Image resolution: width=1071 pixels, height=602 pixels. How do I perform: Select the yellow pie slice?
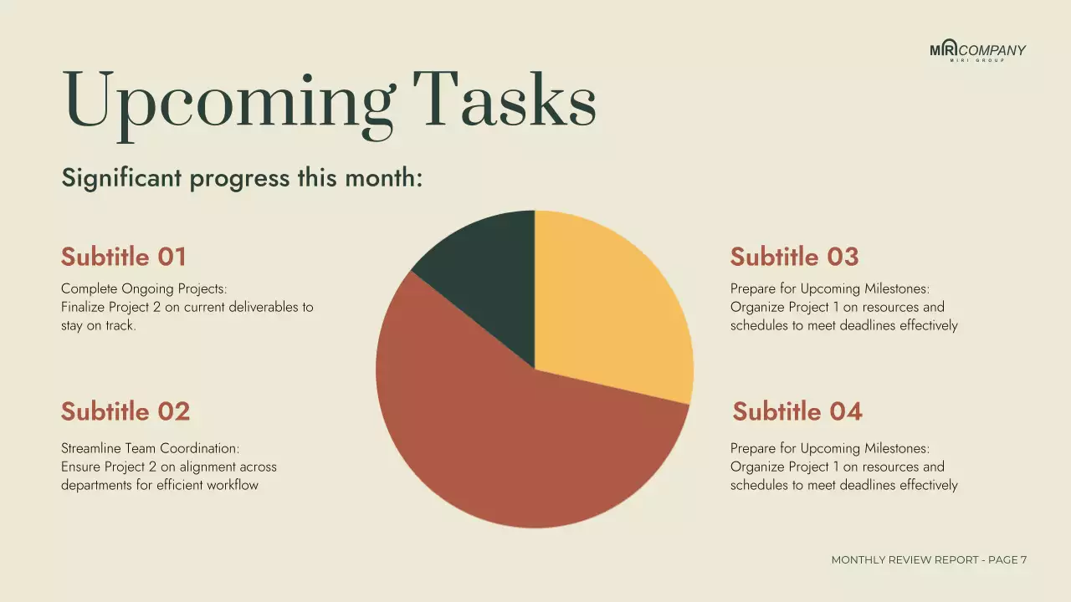[607, 301]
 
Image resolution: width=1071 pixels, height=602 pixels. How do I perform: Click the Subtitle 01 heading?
[124, 257]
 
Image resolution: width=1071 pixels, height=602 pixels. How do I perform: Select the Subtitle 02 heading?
[126, 411]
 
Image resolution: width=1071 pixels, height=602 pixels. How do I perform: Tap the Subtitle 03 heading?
[794, 257]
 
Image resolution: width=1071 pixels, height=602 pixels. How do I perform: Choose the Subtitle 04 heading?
[797, 411]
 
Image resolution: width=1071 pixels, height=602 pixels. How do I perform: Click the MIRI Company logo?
[977, 51]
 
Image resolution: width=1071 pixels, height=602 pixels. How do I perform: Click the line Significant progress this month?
[242, 178]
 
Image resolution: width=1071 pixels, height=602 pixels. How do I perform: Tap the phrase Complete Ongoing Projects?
[144, 289]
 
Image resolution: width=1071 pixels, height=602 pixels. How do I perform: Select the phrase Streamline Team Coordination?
[150, 449]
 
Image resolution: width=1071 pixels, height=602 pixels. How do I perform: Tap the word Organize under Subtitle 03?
[755, 307]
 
